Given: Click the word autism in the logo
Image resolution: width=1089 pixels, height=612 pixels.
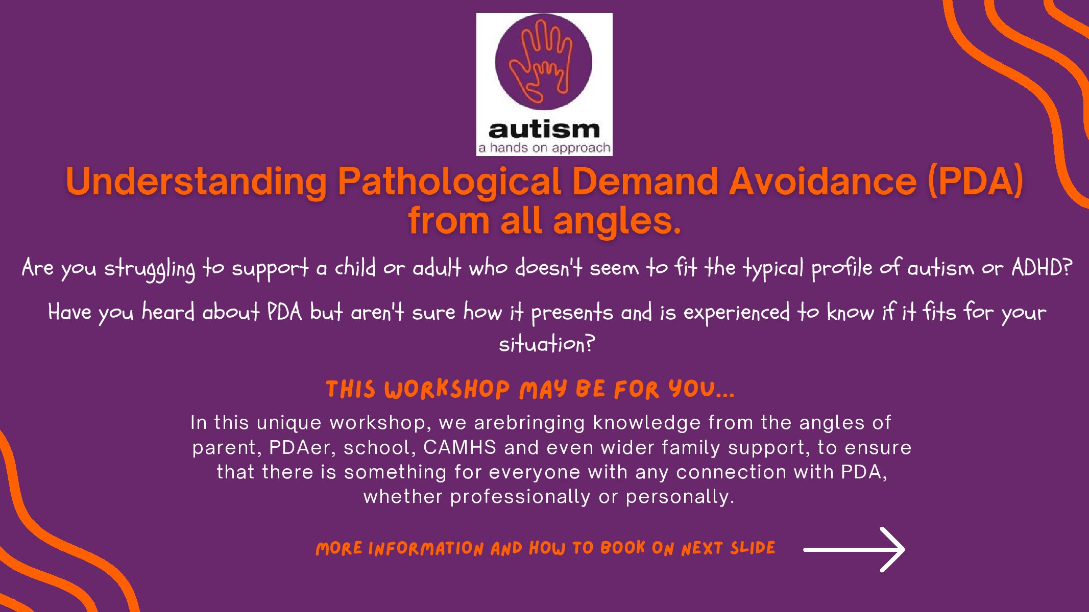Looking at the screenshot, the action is click(544, 130).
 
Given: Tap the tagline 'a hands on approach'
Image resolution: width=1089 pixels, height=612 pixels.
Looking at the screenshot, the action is click(544, 148).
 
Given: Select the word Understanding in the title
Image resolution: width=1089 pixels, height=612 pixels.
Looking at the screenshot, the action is click(197, 182).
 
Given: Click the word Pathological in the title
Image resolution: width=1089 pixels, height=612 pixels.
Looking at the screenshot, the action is click(449, 183).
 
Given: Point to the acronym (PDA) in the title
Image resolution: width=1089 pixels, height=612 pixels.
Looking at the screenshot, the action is click(975, 182).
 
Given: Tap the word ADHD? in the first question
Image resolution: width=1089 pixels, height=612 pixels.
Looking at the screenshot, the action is click(1042, 267).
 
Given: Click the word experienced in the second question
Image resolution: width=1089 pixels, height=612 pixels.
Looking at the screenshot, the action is click(736, 313).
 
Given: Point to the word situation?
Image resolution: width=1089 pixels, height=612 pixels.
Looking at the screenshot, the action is click(547, 344).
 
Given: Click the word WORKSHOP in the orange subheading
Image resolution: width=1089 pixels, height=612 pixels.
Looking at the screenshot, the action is click(447, 390).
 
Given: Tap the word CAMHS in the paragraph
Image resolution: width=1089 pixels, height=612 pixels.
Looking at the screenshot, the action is click(459, 447).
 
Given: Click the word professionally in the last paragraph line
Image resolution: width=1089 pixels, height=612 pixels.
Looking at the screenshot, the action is click(520, 497).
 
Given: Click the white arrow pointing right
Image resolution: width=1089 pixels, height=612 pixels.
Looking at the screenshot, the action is click(854, 549).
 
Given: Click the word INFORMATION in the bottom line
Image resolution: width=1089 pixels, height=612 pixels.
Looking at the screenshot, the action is click(426, 549).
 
